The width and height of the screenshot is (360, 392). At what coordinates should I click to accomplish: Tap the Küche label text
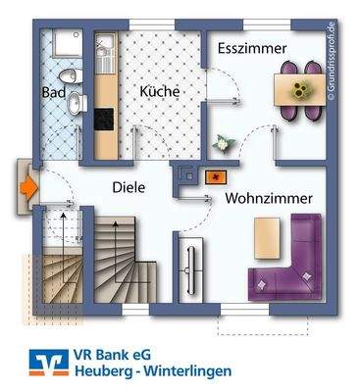[159, 90]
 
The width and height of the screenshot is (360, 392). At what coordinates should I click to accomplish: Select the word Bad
[52, 92]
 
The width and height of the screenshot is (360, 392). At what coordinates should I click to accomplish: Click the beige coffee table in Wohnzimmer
[266, 234]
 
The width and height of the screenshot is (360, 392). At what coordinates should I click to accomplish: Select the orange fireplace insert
[215, 177]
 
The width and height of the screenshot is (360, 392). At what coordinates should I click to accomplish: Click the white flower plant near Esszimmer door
[221, 143]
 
